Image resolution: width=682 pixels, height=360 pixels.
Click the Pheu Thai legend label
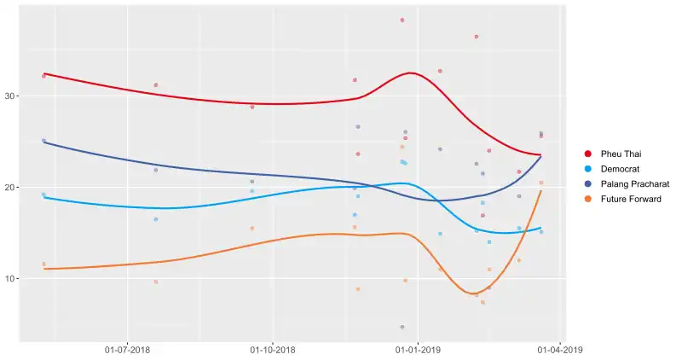pyautogui.click(x=620, y=153)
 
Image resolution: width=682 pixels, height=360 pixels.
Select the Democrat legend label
pyautogui.click(x=620, y=168)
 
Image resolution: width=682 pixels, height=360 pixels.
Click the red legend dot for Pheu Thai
pyautogui.click(x=587, y=153)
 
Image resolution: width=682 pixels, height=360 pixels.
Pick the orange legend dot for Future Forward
pyautogui.click(x=587, y=199)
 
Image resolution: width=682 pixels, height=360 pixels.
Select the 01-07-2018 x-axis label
pyautogui.click(x=127, y=349)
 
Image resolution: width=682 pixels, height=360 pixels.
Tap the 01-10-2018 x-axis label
pyautogui.click(x=273, y=349)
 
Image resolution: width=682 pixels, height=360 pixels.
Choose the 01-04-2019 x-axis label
pyautogui.click(x=559, y=349)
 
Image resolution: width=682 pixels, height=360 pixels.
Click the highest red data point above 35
pyautogui.click(x=402, y=20)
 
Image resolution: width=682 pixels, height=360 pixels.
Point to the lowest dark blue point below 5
pyautogui.click(x=402, y=327)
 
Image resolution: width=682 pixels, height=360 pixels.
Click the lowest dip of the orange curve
pyautogui.click(x=476, y=293)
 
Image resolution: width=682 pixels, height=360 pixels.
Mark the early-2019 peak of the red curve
pyautogui.click(x=412, y=73)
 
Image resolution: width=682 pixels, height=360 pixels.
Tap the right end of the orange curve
pyautogui.click(x=540, y=190)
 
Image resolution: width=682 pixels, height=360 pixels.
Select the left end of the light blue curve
pyautogui.click(x=43, y=197)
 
